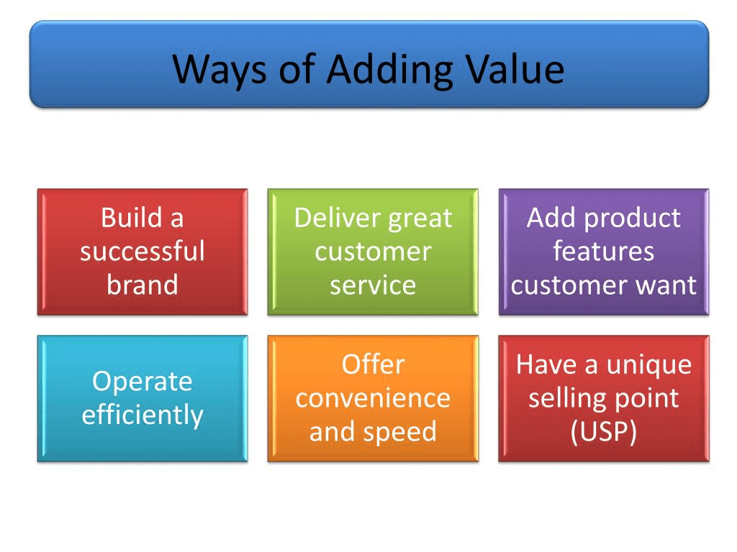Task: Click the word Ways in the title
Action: (220, 70)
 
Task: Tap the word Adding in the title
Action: (389, 70)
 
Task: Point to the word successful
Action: (143, 251)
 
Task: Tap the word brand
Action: (143, 285)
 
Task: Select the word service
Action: (373, 285)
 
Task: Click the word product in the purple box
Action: (632, 218)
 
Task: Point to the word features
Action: (604, 251)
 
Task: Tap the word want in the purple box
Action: (666, 285)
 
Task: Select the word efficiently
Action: (143, 415)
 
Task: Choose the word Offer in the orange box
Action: (374, 364)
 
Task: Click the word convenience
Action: (373, 398)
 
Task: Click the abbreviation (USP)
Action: (604, 432)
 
